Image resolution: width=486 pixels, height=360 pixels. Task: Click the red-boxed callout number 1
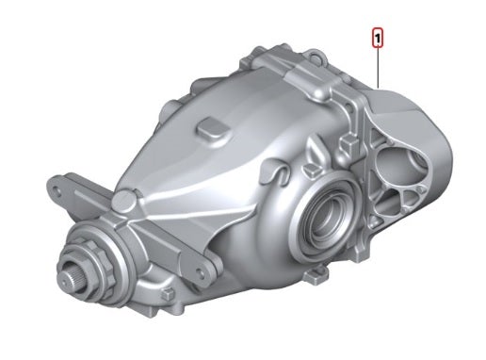click(378, 39)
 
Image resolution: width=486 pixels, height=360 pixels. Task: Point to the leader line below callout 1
click(378, 66)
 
